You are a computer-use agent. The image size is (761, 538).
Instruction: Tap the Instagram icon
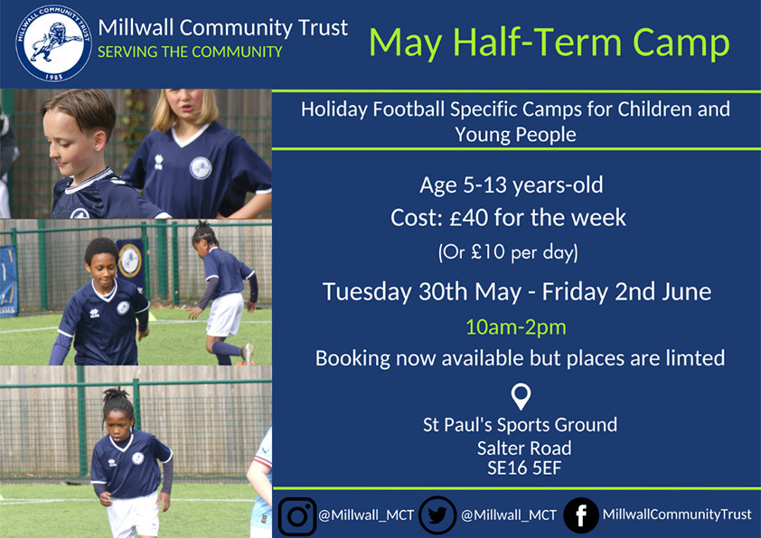tap(296, 514)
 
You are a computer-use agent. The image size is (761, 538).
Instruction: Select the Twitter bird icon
tap(437, 514)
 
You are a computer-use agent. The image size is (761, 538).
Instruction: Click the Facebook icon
tap(580, 514)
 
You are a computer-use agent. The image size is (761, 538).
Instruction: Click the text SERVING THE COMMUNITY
tap(190, 52)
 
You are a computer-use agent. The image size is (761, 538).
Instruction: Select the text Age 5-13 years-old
tap(512, 186)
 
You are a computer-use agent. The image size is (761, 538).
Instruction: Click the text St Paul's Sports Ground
tap(521, 424)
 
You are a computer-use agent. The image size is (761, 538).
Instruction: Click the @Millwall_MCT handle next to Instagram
tap(366, 515)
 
